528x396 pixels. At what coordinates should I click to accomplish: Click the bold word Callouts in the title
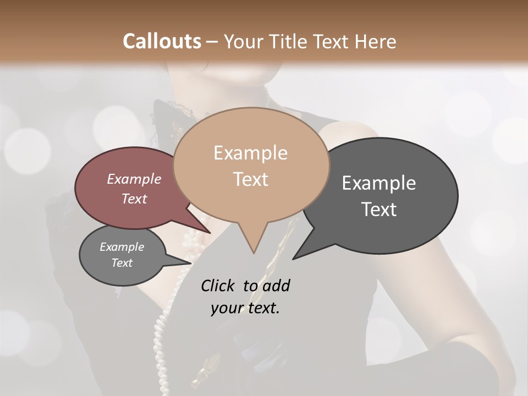(x=162, y=41)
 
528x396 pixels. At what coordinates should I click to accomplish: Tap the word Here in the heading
(x=376, y=41)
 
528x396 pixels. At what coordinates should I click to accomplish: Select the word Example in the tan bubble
(x=250, y=153)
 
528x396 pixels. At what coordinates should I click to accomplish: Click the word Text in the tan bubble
(x=250, y=179)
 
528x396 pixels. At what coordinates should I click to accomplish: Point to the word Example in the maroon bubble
(x=134, y=179)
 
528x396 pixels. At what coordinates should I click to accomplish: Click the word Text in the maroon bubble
(x=134, y=199)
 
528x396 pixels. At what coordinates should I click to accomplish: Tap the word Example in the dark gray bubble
(x=379, y=183)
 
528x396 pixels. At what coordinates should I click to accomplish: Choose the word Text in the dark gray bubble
(x=379, y=210)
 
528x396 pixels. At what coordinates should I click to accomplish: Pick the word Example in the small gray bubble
(x=122, y=247)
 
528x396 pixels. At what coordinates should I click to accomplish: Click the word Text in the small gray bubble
(x=122, y=263)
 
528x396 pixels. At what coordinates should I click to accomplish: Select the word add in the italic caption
(x=276, y=285)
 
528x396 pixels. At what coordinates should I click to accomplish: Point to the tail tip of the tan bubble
(x=254, y=253)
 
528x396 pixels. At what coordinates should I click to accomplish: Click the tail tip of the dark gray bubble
(x=293, y=258)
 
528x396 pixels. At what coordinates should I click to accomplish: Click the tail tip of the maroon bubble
(x=209, y=233)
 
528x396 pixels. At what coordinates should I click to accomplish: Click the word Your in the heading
(x=243, y=41)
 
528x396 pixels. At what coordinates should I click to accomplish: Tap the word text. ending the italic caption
(x=262, y=309)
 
